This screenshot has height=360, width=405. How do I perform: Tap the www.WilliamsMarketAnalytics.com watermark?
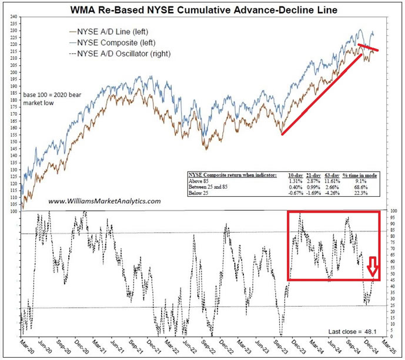coord(104,201)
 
